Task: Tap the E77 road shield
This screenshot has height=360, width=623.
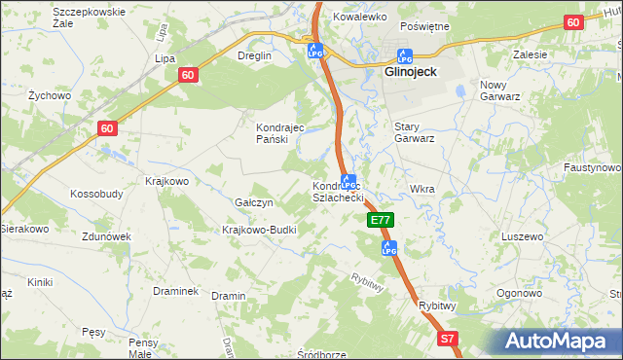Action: point(382,222)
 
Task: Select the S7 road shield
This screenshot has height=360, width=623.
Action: point(447,340)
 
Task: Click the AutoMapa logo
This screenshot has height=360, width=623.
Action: point(559,342)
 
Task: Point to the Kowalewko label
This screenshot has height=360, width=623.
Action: point(360,18)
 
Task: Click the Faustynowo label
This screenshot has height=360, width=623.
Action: point(593,167)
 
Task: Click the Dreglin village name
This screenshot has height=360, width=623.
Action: point(254,56)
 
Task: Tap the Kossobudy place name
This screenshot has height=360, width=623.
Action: point(96,194)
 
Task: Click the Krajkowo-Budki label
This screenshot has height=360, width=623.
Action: point(259,230)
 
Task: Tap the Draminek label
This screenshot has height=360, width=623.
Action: point(176,291)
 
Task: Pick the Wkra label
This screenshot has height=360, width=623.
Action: point(422,189)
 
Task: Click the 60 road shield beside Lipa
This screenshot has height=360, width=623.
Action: point(189,74)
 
